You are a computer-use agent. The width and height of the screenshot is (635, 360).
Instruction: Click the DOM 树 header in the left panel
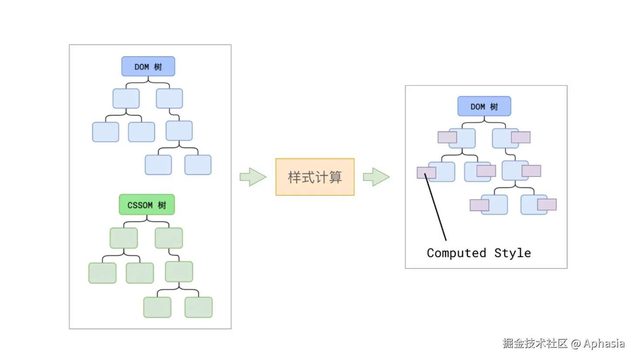[148, 66]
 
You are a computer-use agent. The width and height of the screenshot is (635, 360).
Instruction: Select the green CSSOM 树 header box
[147, 205]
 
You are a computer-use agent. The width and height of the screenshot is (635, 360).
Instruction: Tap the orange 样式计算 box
[315, 177]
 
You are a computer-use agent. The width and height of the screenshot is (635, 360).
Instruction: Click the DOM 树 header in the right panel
[484, 106]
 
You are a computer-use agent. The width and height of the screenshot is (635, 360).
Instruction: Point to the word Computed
[457, 253]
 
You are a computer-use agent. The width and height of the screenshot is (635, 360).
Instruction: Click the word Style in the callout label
[513, 253]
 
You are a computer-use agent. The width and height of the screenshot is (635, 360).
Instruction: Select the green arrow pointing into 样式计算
[253, 177]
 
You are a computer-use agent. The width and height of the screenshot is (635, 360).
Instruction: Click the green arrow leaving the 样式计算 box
[376, 177]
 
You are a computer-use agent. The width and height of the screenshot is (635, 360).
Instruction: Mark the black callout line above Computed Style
[435, 207]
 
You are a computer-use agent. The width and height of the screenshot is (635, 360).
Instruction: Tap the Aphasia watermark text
[604, 343]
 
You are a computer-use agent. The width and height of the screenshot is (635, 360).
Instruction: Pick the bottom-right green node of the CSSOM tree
[198, 307]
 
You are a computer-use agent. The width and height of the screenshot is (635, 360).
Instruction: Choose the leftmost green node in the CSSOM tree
[102, 273]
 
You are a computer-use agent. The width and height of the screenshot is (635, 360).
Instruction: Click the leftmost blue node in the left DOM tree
[105, 132]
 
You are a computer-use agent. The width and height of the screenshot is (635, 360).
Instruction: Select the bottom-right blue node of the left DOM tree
[198, 165]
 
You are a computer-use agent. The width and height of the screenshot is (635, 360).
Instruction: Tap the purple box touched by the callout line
[427, 173]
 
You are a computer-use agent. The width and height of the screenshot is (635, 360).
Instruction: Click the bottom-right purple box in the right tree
[547, 205]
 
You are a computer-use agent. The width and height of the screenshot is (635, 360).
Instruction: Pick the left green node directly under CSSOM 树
[124, 238]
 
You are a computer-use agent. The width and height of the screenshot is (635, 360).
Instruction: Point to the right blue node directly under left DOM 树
[169, 98]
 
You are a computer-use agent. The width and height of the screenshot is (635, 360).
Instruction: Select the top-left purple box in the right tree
[447, 137]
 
